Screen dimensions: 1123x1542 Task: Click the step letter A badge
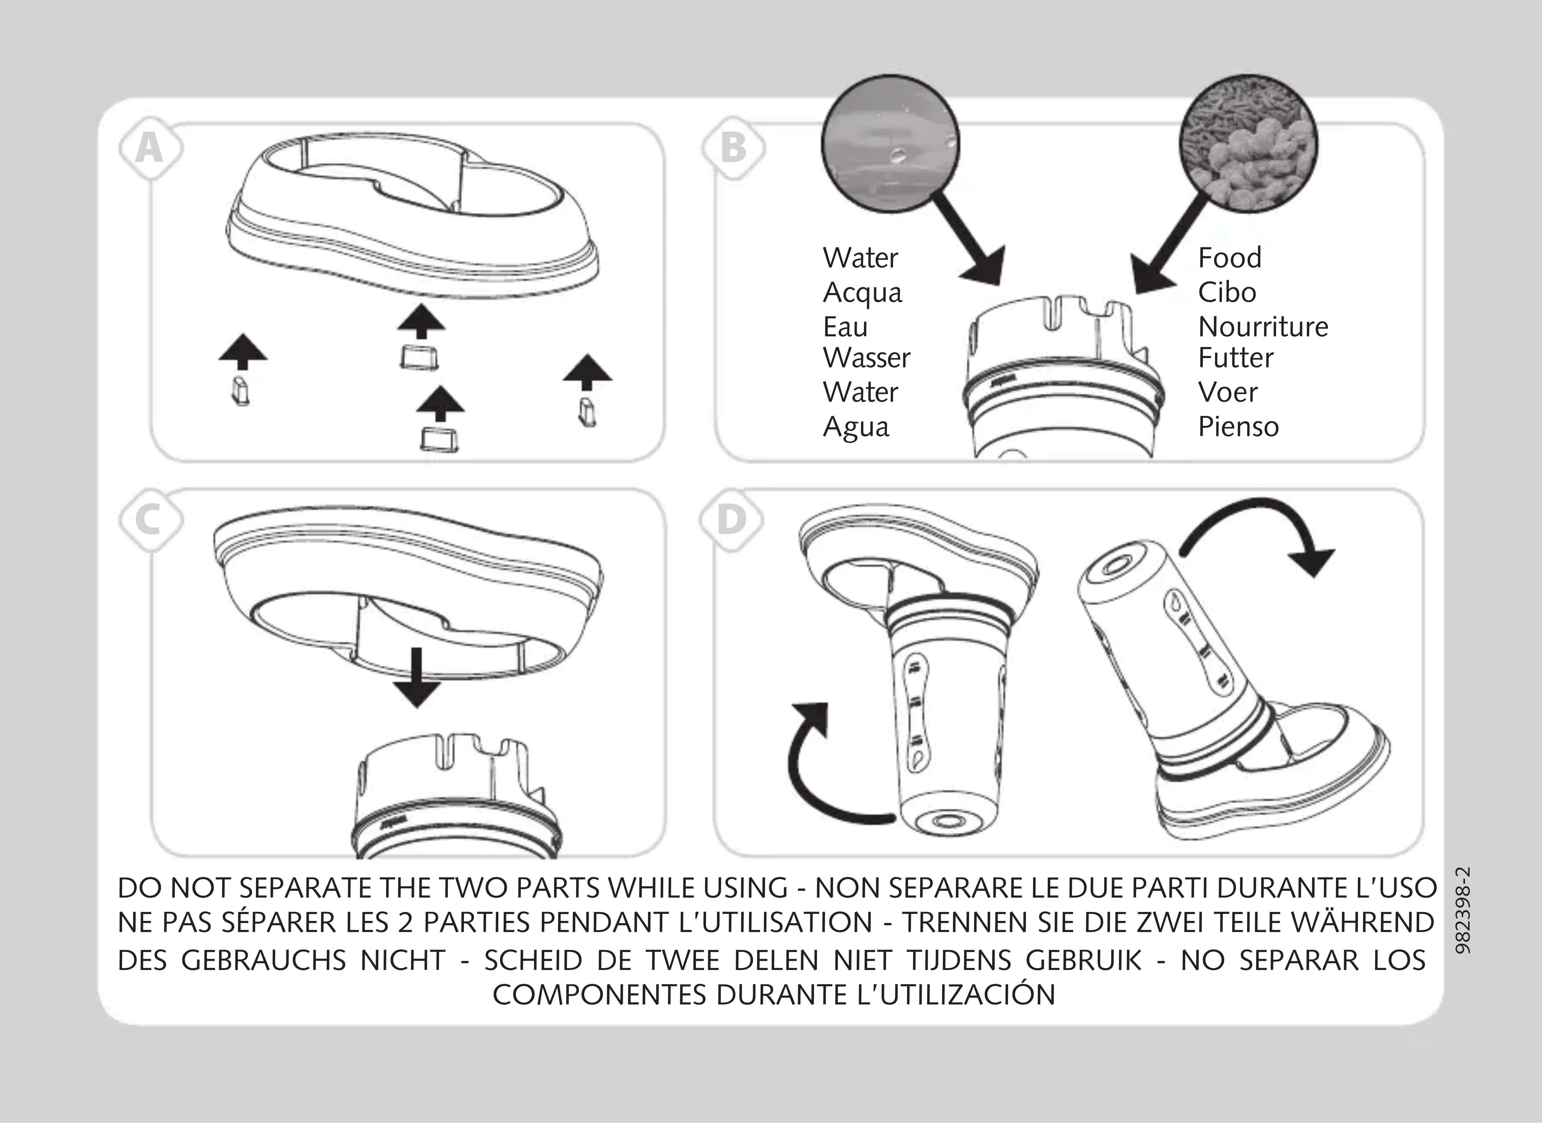coord(150,148)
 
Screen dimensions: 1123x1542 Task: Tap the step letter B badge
coord(733,148)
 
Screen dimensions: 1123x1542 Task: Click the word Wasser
coord(866,358)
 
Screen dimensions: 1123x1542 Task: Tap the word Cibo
coord(1226,292)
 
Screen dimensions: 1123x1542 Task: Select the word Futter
coord(1235,358)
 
